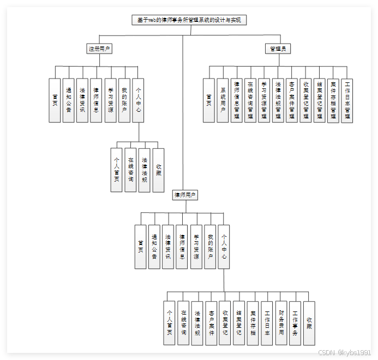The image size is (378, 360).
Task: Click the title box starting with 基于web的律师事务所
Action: pos(189,20)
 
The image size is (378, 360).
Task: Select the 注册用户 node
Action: pos(100,49)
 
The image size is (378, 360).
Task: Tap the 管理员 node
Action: pos(278,49)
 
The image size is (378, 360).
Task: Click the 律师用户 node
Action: pos(185,195)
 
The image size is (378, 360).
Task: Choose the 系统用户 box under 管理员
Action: pos(223,100)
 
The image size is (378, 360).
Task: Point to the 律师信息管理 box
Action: pos(236,100)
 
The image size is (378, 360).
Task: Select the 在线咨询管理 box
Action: pos(250,100)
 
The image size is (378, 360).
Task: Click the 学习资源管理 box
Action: pos(264,100)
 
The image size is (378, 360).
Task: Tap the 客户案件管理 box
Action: pos(292,100)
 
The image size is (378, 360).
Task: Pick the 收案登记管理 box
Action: pos(305,100)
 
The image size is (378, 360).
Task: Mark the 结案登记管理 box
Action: pos(320,100)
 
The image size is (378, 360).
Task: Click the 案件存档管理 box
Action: pos(333,100)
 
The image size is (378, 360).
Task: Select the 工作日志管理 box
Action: pos(347,100)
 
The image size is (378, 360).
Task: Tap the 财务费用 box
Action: pos(281,323)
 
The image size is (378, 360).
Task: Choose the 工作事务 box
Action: pos(295,323)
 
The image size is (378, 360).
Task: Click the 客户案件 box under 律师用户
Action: pos(211,323)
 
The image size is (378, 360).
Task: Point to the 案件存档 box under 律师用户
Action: pos(253,323)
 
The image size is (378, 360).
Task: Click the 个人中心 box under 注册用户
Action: pos(139,100)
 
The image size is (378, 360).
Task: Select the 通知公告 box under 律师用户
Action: pos(154,247)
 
